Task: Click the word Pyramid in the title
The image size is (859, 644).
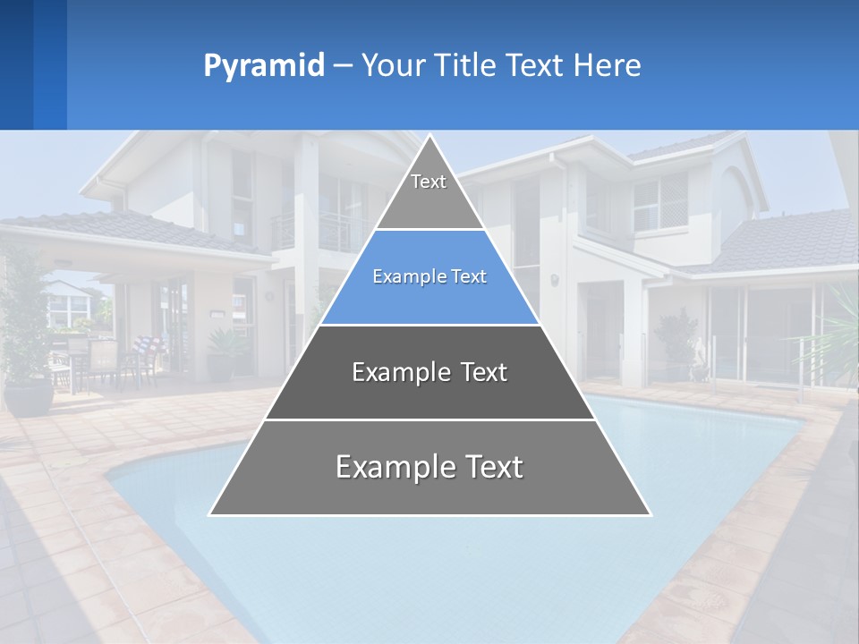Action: tap(264, 66)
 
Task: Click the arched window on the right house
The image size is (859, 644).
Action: tap(735, 191)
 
